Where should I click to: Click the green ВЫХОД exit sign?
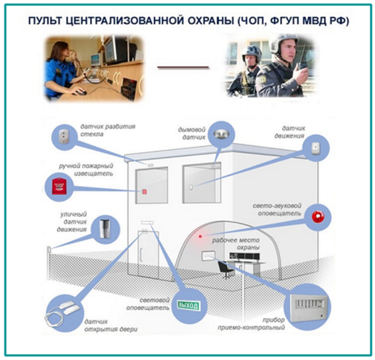pyautogui.click(x=188, y=306)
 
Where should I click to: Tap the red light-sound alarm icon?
pyautogui.click(x=318, y=217)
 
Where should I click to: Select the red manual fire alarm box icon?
pyautogui.click(x=59, y=185)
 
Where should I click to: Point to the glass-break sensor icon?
pyautogui.click(x=64, y=136)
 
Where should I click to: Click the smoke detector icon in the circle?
pyautogui.click(x=221, y=134)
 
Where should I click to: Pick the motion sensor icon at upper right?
pyautogui.click(x=316, y=149)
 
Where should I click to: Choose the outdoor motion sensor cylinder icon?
pyautogui.click(x=105, y=228)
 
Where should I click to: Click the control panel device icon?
pyautogui.click(x=308, y=308)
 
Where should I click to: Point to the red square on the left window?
pyautogui.click(x=144, y=192)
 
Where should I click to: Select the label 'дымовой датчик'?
pyautogui.click(x=192, y=134)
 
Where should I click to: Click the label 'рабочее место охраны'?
pyautogui.click(x=236, y=243)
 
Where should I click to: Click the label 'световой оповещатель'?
pyautogui.click(x=148, y=304)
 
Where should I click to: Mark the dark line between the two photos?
pyautogui.click(x=183, y=67)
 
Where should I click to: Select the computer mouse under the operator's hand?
pyautogui.click(x=81, y=92)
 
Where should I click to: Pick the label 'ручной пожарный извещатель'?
pyautogui.click(x=86, y=170)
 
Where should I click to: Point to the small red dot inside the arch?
pyautogui.click(x=200, y=236)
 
